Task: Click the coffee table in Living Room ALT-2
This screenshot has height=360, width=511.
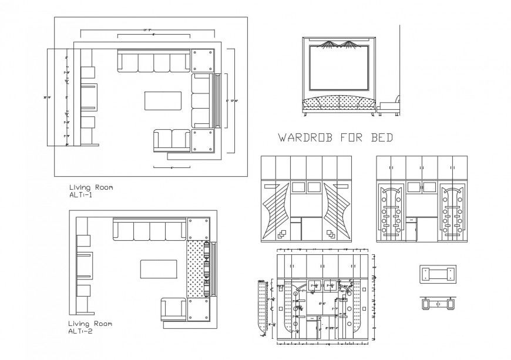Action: pyautogui.click(x=159, y=270)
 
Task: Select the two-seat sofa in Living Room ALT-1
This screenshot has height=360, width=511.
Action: pyautogui.click(x=171, y=140)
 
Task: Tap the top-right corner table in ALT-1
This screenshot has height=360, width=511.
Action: pyautogui.click(x=203, y=60)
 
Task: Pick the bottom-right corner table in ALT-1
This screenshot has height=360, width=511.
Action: pyautogui.click(x=203, y=141)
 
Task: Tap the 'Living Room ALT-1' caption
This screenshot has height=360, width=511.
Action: pyautogui.click(x=91, y=191)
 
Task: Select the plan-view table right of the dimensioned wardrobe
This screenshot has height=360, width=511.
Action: pyautogui.click(x=438, y=274)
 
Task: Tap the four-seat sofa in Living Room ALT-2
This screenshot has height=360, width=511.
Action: pyautogui.click(x=149, y=231)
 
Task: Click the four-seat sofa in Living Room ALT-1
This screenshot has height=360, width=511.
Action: pyautogui.click(x=154, y=61)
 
